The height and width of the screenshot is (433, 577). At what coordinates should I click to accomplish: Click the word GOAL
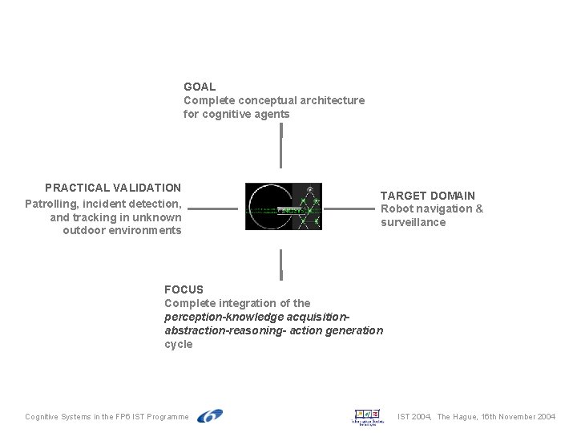pyautogui.click(x=200, y=87)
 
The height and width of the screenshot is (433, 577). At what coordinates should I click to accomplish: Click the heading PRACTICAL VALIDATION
pyautogui.click(x=113, y=188)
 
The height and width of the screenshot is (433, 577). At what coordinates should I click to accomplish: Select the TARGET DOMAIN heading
pyautogui.click(x=427, y=196)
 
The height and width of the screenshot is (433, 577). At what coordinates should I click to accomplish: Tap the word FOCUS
pyautogui.click(x=184, y=289)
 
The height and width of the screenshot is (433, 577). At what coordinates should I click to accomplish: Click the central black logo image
pyautogui.click(x=283, y=207)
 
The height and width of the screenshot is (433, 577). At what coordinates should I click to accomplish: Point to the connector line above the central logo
pyautogui.click(x=281, y=141)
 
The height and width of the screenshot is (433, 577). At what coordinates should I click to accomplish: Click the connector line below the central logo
pyautogui.click(x=281, y=264)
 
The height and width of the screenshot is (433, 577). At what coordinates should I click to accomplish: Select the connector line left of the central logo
pyautogui.click(x=212, y=209)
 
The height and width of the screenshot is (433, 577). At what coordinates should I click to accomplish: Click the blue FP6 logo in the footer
pyautogui.click(x=210, y=416)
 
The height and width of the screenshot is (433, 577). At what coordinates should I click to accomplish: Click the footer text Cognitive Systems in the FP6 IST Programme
pyautogui.click(x=107, y=417)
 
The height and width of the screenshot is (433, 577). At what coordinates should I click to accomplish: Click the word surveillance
pyautogui.click(x=413, y=223)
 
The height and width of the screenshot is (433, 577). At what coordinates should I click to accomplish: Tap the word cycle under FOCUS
pyautogui.click(x=179, y=344)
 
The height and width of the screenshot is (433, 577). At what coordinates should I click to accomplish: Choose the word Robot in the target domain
pyautogui.click(x=396, y=209)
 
